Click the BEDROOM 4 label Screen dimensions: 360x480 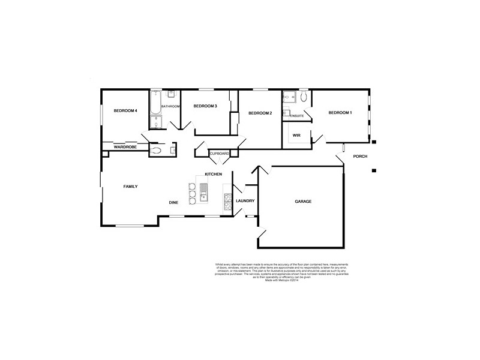click(x=125, y=111)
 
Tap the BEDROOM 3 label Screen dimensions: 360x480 click(x=205, y=106)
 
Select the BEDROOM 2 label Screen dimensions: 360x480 click(x=260, y=113)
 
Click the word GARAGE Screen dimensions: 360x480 click(x=303, y=202)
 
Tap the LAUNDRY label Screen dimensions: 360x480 click(x=245, y=201)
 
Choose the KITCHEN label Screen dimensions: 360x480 click(x=214, y=174)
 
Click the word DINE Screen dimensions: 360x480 click(x=173, y=203)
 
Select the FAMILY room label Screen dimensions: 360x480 click(x=130, y=187)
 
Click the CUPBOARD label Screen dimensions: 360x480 click(x=219, y=154)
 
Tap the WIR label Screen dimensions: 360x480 click(x=296, y=136)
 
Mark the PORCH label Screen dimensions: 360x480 click(x=360, y=157)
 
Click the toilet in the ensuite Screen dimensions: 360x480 click(x=304, y=97)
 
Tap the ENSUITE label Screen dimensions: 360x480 click(x=296, y=115)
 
